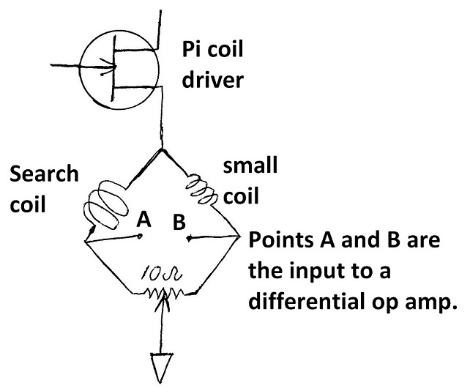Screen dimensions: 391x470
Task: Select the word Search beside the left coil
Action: pos(44,175)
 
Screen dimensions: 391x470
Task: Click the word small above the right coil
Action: pos(250,165)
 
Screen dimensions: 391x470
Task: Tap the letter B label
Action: pos(178,223)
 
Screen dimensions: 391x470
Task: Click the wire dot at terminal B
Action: pos(190,239)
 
